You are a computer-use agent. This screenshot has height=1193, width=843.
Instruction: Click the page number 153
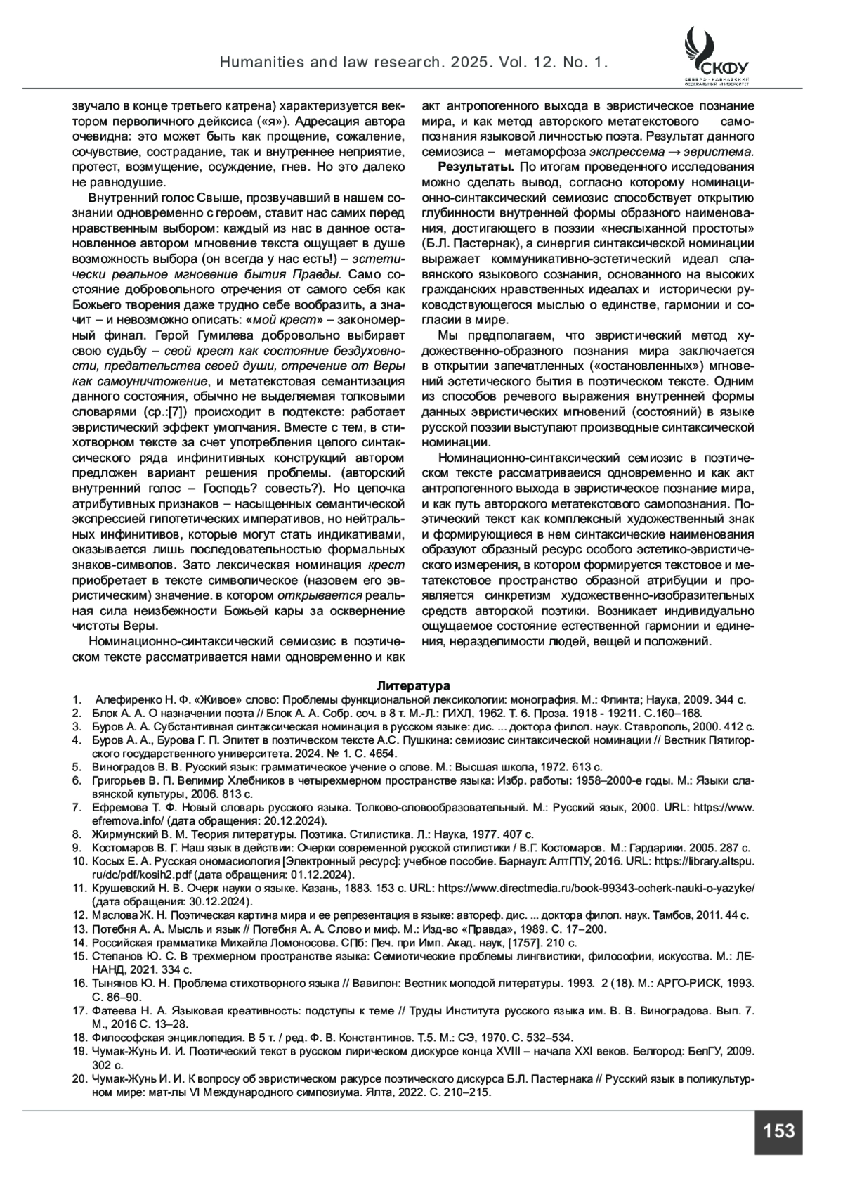pos(778,1131)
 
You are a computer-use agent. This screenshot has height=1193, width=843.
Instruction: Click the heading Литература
pos(413,685)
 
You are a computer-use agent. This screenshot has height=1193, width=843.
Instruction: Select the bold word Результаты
pos(476,167)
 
